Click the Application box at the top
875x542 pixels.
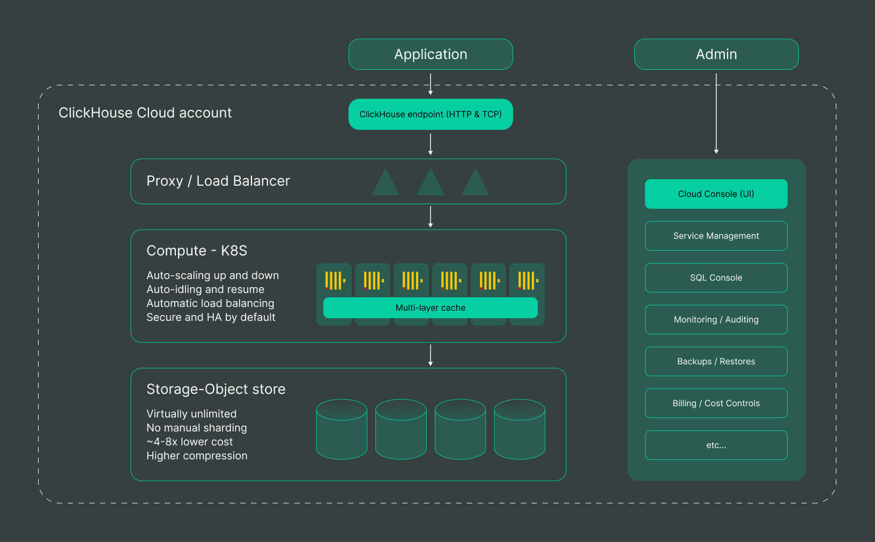(x=431, y=54)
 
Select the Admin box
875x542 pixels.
(x=716, y=54)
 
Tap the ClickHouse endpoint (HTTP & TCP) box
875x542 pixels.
(x=431, y=114)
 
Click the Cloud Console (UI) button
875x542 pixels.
(x=716, y=194)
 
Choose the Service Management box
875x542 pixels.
(x=716, y=236)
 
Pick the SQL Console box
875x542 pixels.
(x=716, y=277)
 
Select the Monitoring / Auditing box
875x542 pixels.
(x=716, y=319)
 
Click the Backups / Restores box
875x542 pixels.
(x=716, y=361)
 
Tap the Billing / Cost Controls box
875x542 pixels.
(x=716, y=403)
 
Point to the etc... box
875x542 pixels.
(x=716, y=445)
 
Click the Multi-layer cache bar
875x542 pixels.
(x=431, y=308)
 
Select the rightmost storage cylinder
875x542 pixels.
(x=520, y=429)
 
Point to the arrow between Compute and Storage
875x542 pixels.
(x=431, y=355)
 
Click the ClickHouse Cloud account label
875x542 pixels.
(x=145, y=113)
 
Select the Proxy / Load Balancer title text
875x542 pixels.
(x=218, y=181)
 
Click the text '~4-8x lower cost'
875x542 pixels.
(x=190, y=442)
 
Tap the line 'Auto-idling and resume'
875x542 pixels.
(x=205, y=289)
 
